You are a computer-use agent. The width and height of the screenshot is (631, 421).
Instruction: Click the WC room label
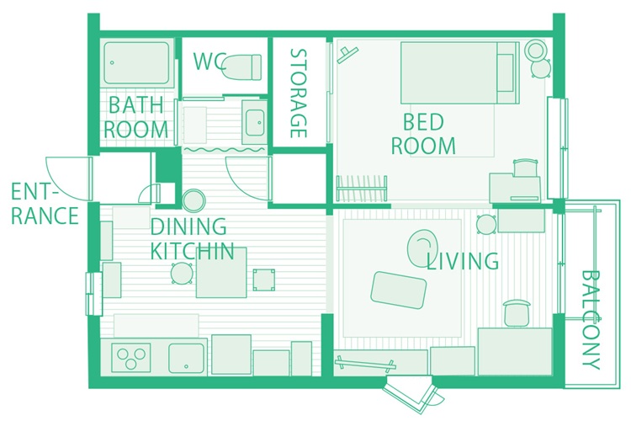209,61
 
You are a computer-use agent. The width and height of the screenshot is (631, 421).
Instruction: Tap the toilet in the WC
241,67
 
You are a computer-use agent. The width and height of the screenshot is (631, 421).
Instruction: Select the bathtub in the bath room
137,63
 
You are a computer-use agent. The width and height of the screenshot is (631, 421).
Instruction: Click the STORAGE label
299,93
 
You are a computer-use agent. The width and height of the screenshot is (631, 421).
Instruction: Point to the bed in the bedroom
459,72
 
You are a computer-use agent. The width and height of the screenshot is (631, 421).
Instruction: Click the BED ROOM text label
423,134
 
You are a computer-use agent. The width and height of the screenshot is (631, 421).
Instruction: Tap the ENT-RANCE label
45,204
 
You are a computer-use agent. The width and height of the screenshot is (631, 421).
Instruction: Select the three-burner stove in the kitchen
130,357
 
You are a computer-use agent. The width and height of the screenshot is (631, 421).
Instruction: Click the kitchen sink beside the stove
186,358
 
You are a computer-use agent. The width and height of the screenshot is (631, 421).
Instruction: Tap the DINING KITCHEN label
192,238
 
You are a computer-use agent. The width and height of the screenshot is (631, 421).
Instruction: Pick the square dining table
221,273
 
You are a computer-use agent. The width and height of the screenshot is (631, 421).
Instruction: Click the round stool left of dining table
182,274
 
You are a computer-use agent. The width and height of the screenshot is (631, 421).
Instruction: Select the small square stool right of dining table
264,280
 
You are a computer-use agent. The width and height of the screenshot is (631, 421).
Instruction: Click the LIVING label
463,261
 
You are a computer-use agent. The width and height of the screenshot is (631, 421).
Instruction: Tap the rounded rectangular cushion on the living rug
399,290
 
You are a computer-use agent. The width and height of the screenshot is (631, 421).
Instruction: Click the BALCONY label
591,320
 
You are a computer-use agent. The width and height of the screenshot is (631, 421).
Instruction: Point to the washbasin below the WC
254,122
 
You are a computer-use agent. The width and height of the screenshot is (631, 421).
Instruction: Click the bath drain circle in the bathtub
112,63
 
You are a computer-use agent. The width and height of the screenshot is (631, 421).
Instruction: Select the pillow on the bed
506,73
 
